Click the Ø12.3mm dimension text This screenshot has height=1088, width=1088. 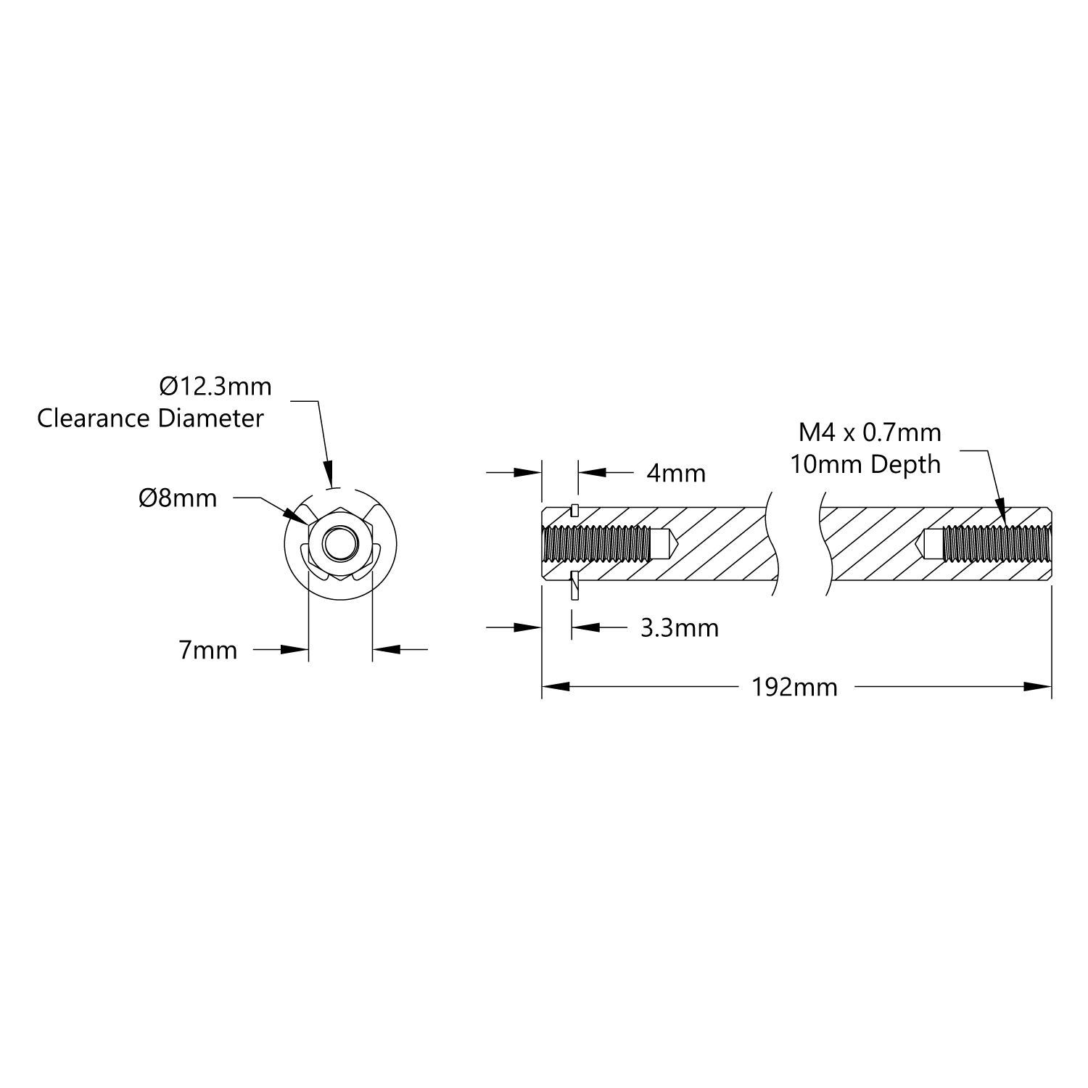(215, 387)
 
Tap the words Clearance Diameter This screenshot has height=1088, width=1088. (150, 419)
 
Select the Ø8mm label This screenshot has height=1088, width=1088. (178, 498)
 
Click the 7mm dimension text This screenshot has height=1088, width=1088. (208, 651)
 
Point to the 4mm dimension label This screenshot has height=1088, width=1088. (676, 474)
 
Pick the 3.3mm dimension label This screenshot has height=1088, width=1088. (680, 627)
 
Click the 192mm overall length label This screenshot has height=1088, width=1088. (794, 687)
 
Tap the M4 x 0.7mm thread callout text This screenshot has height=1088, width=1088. (870, 433)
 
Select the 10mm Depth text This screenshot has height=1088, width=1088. (865, 464)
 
